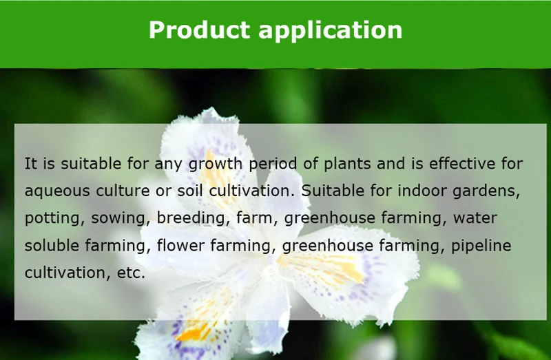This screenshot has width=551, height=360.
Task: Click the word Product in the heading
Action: click(199, 30)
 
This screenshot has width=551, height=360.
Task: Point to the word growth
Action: click(216, 165)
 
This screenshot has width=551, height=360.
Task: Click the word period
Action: click(273, 165)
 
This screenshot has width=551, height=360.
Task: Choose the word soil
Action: click(190, 191)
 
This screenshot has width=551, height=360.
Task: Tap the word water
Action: click(475, 218)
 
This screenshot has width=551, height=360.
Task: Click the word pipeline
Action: click(481, 246)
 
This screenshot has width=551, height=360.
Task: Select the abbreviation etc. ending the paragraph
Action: click(131, 273)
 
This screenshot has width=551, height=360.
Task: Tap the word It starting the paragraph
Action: click(30, 164)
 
